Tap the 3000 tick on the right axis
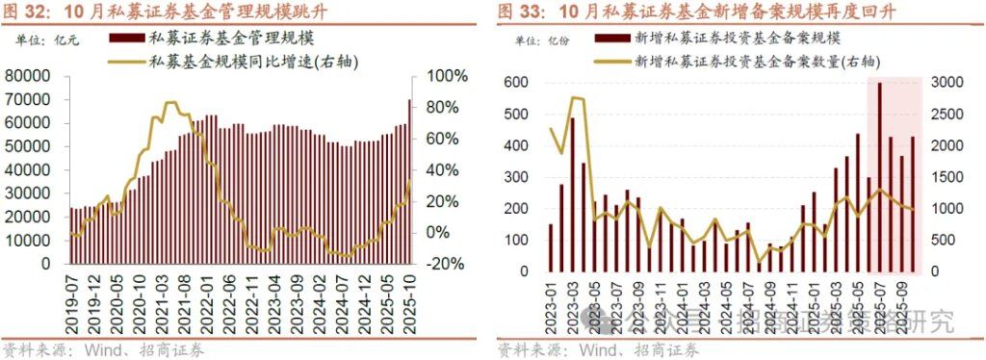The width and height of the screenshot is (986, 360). [x=949, y=83]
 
